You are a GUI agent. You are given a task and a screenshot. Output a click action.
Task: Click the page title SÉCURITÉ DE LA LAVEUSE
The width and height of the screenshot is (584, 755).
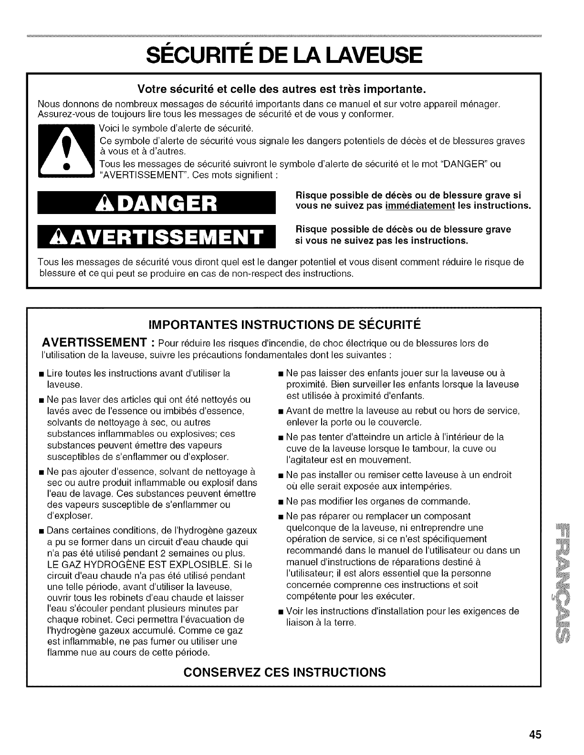[292, 54]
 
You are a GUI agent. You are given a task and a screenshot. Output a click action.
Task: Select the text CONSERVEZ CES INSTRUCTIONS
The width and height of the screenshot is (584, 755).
[284, 673]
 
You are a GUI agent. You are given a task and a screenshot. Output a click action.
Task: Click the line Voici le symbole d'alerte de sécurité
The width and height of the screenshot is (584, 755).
[176, 128]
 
